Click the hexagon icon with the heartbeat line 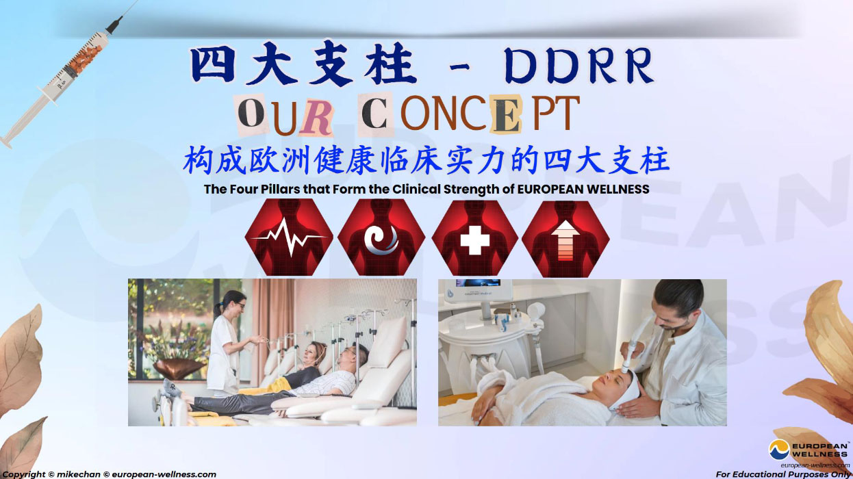[x=289, y=237]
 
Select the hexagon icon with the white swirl [x=381, y=237]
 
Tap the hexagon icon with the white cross [x=474, y=238]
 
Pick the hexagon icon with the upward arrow [x=565, y=239]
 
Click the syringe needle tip [x=137, y=1]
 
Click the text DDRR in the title [x=578, y=66]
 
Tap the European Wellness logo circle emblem [x=779, y=450]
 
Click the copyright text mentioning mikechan [x=110, y=474]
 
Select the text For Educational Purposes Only [x=783, y=474]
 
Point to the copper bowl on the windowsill [x=178, y=368]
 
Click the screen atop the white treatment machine [x=478, y=283]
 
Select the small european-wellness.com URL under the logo [x=815, y=465]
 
